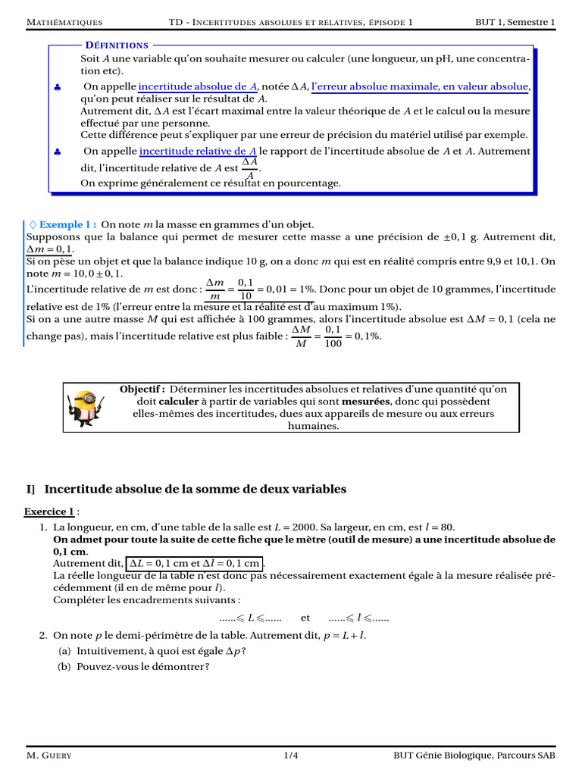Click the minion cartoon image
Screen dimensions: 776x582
(86, 407)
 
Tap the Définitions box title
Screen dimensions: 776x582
(117, 45)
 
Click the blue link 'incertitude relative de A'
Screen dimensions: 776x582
(199, 152)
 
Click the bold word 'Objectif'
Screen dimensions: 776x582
(142, 389)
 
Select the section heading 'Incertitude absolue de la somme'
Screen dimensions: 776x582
(195, 490)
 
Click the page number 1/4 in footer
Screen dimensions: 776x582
(291, 756)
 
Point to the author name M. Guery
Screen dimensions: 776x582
(49, 756)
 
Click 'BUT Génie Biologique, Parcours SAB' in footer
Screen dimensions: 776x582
(474, 756)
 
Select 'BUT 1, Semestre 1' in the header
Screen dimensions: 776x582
(515, 22)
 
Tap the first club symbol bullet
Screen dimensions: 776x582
(58, 88)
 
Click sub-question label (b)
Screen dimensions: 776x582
(65, 667)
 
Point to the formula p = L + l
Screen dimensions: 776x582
(344, 635)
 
